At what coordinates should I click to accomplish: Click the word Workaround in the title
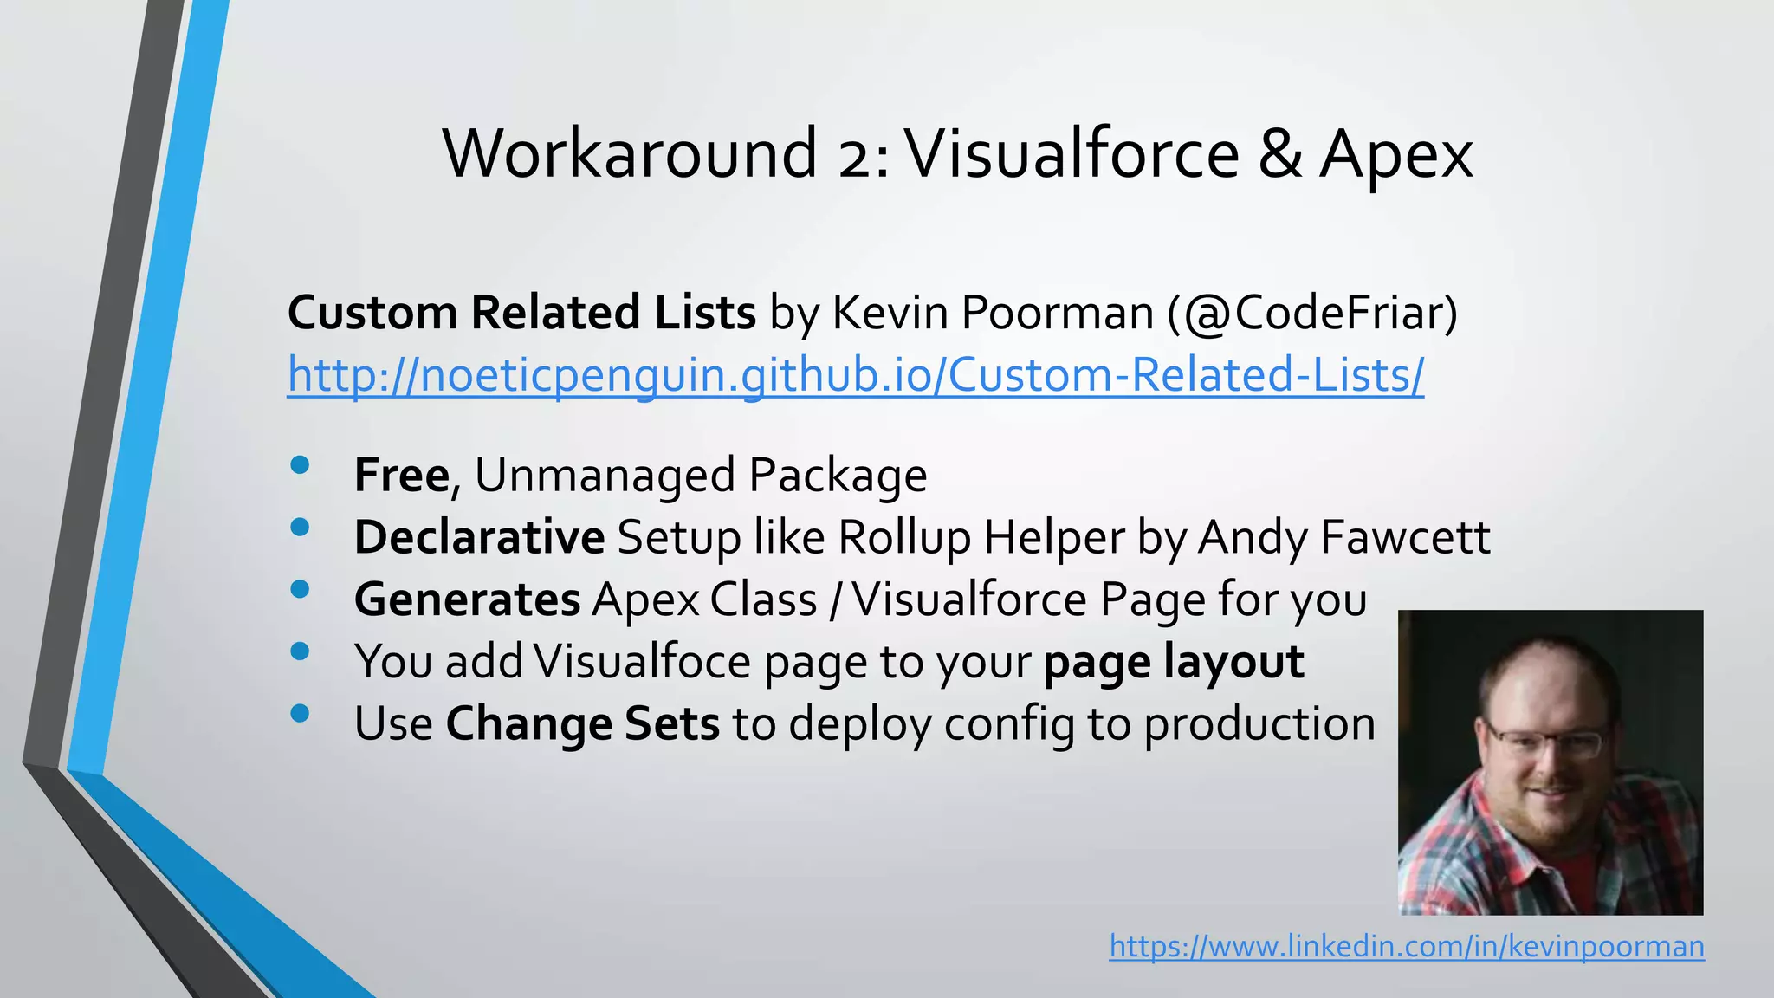630,154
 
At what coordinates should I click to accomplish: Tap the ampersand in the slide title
1279,154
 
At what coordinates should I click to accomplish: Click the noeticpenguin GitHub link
855,376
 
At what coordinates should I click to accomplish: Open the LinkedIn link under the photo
1407,946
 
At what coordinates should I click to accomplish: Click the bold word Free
402,475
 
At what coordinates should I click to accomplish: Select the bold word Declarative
479,537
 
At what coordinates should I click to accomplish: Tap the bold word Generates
467,599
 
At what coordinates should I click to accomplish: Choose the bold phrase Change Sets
582,724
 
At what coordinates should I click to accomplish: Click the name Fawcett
1405,537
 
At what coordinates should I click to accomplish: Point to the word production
1259,724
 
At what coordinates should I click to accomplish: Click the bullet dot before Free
301,465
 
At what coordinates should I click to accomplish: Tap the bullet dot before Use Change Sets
301,713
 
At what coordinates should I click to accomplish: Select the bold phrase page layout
1174,662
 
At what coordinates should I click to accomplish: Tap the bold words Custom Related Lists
521,313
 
